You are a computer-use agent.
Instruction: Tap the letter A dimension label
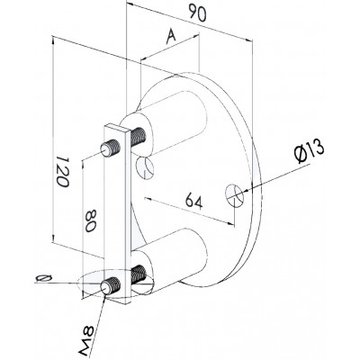(171, 37)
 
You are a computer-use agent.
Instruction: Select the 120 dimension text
(63, 171)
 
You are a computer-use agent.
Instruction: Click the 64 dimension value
(193, 201)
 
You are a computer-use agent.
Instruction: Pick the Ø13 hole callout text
(310, 152)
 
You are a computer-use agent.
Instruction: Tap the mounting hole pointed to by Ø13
(235, 195)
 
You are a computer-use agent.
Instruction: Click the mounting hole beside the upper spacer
(145, 167)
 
